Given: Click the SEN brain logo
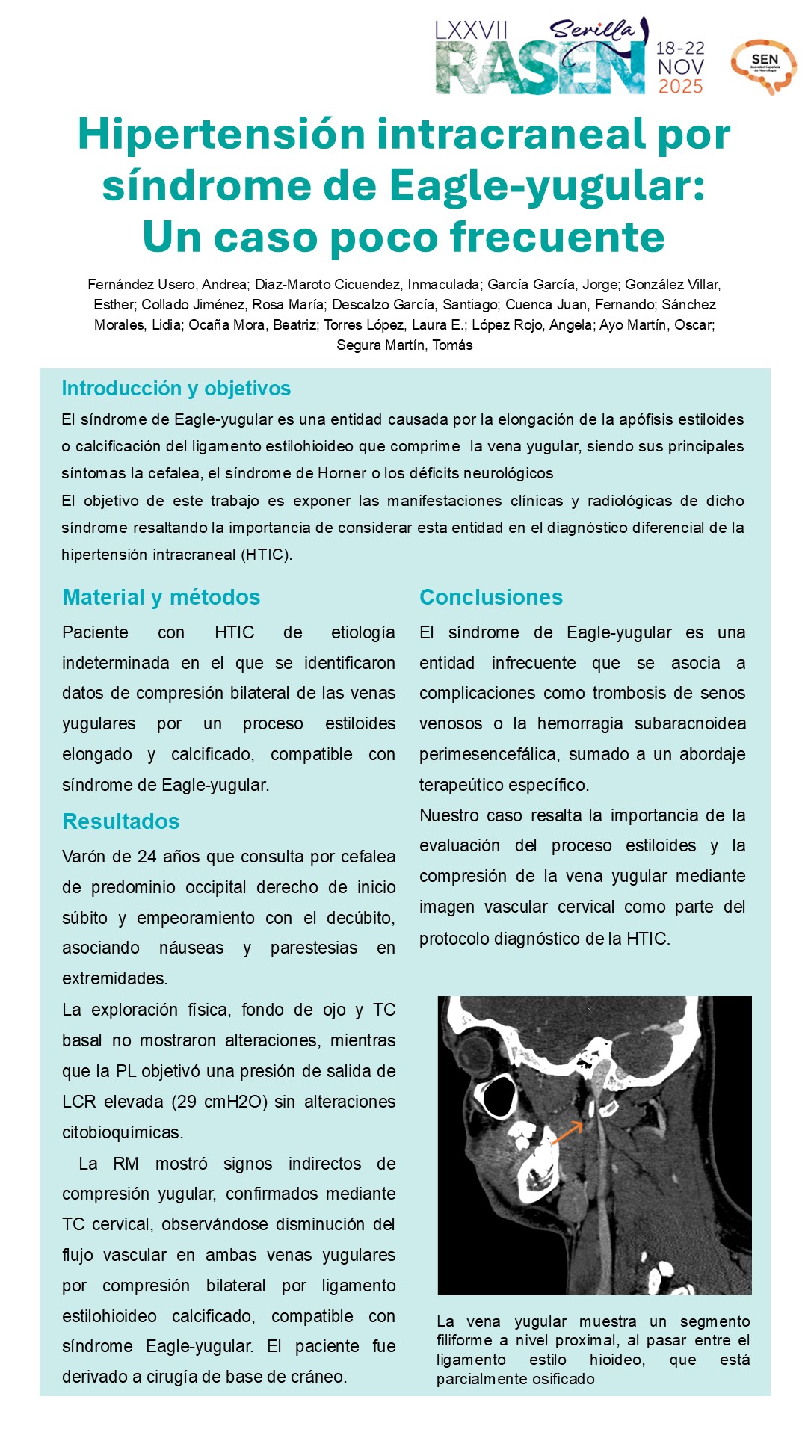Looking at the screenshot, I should [x=763, y=67].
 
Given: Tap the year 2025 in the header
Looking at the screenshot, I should [x=680, y=87].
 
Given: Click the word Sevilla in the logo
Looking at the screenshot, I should [x=592, y=29].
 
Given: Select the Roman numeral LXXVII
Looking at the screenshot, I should [x=471, y=31].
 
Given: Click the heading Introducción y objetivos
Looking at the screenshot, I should [x=176, y=389].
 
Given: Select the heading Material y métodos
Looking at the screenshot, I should [x=161, y=597].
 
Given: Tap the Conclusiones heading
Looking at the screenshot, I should [x=490, y=597].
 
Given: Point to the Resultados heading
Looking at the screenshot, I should [x=120, y=821].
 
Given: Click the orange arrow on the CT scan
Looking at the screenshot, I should [x=567, y=1133].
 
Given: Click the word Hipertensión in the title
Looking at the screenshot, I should [x=220, y=135].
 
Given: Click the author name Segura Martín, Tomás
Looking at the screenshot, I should [x=404, y=345].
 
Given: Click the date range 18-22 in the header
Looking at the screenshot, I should [x=680, y=49].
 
